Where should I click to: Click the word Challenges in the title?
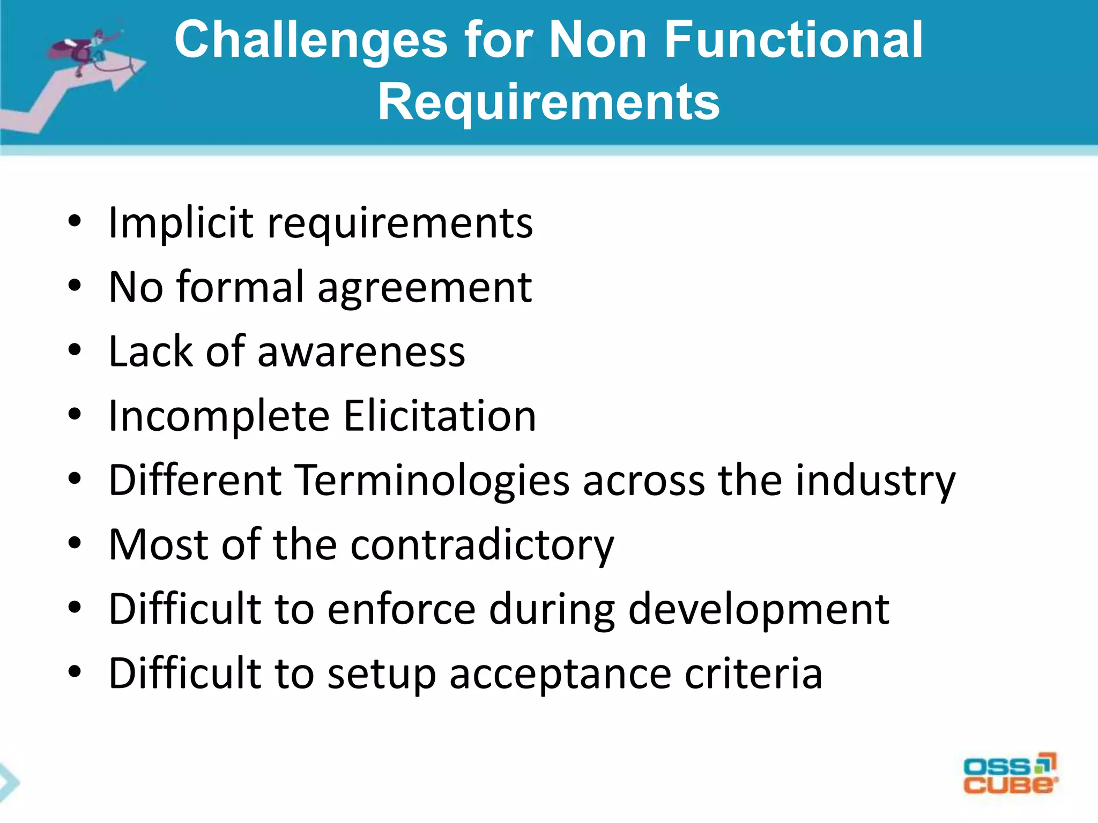(x=311, y=40)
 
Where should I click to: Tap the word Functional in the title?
(x=793, y=40)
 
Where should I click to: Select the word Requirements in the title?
(x=548, y=102)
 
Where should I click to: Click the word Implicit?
(x=180, y=223)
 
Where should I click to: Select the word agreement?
(x=425, y=288)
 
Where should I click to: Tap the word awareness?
(x=361, y=352)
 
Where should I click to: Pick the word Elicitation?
(x=440, y=416)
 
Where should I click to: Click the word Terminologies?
(x=432, y=481)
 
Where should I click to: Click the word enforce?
(x=401, y=609)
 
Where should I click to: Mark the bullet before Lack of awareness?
(x=75, y=351)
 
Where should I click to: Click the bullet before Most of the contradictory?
(x=75, y=544)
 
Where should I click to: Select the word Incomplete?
(x=219, y=417)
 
